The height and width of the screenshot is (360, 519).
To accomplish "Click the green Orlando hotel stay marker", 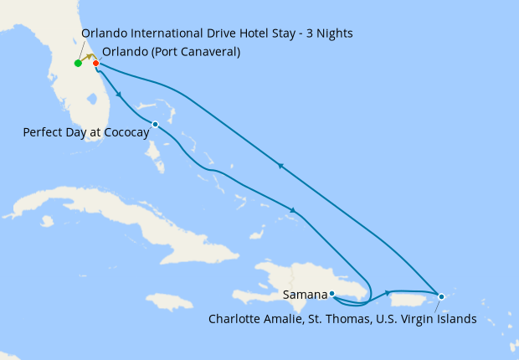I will (x=78, y=63).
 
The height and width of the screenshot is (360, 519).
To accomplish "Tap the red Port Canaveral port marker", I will (x=96, y=64).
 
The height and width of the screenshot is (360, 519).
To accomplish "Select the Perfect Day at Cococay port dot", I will (x=155, y=125).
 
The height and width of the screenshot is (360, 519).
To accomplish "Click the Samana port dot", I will (x=332, y=294).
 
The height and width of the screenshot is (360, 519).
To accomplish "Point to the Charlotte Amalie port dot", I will (x=441, y=296).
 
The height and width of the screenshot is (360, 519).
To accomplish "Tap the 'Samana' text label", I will (x=306, y=295).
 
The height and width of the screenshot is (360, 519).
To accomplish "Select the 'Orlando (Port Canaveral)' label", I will (x=171, y=52).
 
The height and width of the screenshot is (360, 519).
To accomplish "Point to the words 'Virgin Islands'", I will (x=439, y=319).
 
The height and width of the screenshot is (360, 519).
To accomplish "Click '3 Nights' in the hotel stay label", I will (x=327, y=33).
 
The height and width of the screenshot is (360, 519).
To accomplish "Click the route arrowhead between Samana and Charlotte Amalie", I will (x=388, y=292).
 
